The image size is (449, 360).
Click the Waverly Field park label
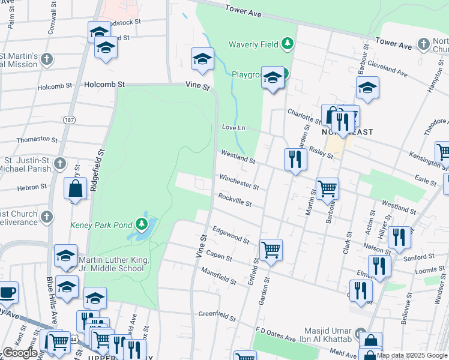click(x=255, y=44)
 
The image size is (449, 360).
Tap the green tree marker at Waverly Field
click(x=288, y=43)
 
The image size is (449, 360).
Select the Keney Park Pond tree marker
click(x=142, y=224)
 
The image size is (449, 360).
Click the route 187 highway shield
click(x=70, y=120)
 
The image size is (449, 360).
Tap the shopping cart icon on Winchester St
click(x=327, y=188)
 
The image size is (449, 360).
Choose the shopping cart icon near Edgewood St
click(x=271, y=248)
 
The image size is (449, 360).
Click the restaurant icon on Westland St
click(x=295, y=158)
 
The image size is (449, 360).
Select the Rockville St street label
click(x=235, y=200)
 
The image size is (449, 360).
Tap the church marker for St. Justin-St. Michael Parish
click(x=59, y=163)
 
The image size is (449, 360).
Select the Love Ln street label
click(x=234, y=128)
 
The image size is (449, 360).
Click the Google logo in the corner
click(x=20, y=352)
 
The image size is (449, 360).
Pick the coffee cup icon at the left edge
click(x=7, y=292)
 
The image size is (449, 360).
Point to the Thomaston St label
click(x=34, y=139)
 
